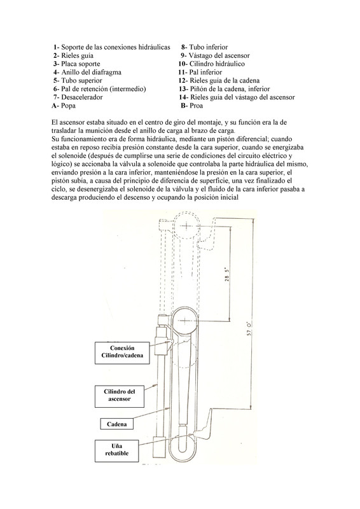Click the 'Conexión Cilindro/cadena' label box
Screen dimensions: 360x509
122,353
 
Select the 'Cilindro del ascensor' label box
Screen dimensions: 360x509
120,396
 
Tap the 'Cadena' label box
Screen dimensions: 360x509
116,424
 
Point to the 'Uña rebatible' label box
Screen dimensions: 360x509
117,450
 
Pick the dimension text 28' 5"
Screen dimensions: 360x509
227,274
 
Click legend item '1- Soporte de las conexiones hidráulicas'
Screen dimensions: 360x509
112,47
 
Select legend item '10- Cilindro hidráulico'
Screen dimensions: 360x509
211,64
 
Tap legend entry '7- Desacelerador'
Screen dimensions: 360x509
78,97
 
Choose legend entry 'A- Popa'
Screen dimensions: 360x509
64,106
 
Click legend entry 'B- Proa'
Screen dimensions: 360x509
192,106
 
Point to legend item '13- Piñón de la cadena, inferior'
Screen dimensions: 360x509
224,88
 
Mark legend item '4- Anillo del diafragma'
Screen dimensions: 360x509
87,73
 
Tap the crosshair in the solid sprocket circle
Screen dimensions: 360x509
184,321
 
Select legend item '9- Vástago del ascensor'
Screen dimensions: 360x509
215,55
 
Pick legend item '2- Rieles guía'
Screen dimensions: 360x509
73,55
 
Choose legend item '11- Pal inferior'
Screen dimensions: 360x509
200,73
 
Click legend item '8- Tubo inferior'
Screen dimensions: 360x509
205,47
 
